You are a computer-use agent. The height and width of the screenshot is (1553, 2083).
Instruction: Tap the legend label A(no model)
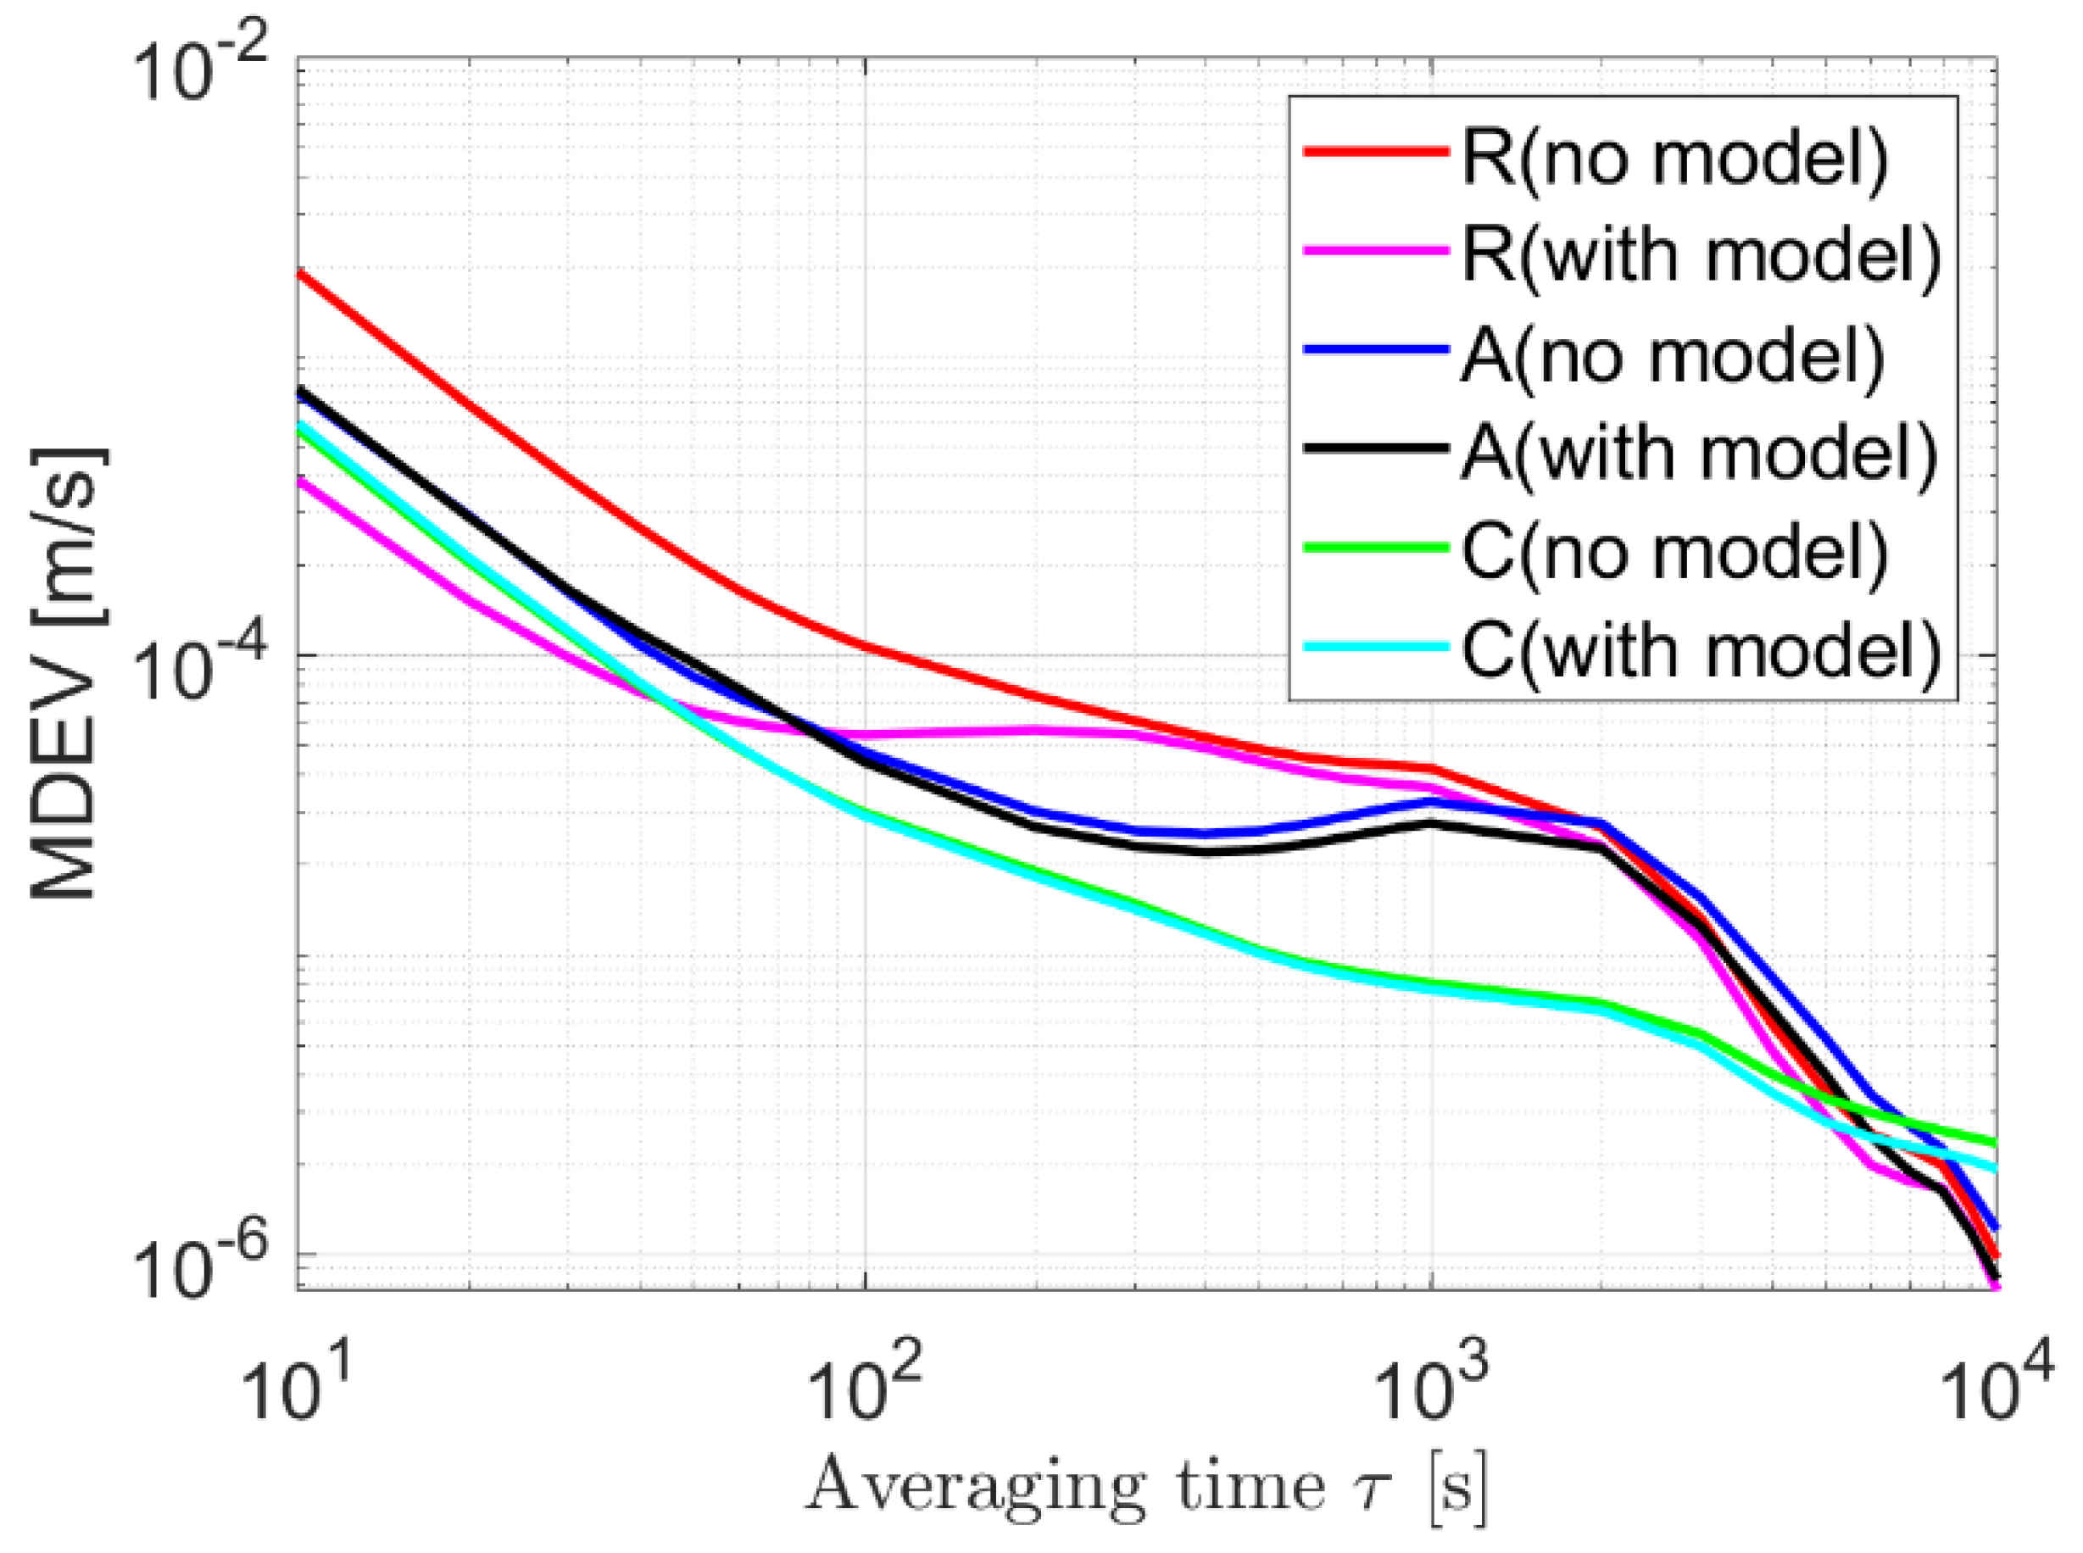[x=1672, y=357]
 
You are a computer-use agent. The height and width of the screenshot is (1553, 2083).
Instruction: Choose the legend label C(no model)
[x=1674, y=553]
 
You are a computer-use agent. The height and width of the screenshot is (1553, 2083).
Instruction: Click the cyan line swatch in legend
[x=1373, y=647]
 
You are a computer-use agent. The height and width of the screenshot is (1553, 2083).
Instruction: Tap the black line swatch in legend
[x=1373, y=448]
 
